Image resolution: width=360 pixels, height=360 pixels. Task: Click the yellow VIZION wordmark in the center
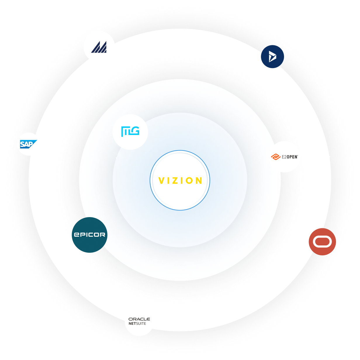pos(180,181)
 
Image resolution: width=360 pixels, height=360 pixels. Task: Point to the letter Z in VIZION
pos(176,181)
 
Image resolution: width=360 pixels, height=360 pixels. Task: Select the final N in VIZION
pos(199,181)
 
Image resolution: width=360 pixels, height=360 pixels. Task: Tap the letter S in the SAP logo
pos(23,144)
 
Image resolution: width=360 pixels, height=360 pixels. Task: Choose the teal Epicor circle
pos(89,235)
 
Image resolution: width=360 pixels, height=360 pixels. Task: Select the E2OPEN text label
pos(290,157)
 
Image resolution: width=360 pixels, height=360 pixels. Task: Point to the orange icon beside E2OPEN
pos(276,157)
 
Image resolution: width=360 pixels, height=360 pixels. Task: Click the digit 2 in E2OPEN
pos(285,157)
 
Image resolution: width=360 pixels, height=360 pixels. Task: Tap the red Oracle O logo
pos(322,242)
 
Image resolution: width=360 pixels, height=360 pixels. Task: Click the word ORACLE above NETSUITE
pos(139,319)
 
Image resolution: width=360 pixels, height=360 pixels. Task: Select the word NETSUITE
pos(137,323)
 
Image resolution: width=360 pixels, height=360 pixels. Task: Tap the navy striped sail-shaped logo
pos(99,47)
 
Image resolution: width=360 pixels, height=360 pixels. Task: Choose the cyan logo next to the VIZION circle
pos(130,131)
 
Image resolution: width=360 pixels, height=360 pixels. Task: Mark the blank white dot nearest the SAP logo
pos(31,59)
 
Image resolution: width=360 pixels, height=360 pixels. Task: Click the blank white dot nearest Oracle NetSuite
pos(42,296)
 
